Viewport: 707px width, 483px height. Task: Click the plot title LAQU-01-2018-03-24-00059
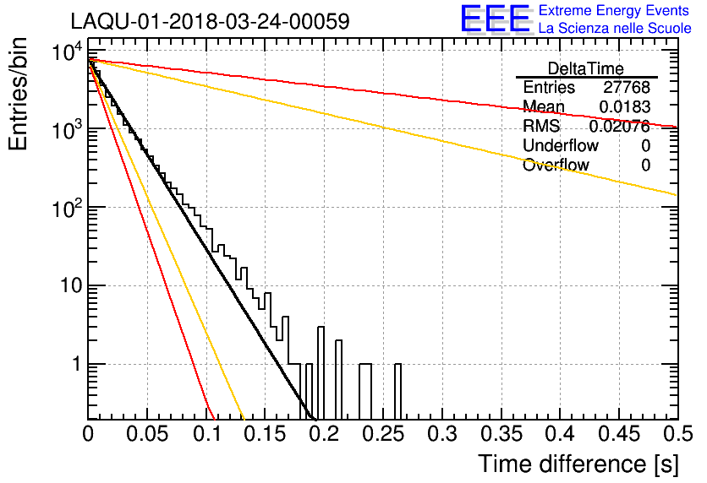[210, 21]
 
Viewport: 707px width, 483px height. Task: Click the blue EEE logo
[495, 19]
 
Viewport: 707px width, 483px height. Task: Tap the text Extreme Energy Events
[614, 10]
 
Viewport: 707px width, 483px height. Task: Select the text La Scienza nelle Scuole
[615, 29]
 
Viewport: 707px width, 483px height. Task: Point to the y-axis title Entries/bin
[18, 94]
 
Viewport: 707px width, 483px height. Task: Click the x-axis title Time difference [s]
[578, 464]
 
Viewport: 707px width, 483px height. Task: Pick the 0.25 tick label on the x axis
[383, 434]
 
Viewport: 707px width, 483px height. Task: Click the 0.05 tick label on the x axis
[147, 434]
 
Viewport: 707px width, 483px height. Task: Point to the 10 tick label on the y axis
[72, 286]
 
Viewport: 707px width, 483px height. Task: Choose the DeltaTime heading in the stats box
[586, 68]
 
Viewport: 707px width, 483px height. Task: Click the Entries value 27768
[627, 87]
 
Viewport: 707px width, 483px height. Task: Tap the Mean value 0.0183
[624, 106]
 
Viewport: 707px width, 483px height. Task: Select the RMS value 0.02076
[620, 126]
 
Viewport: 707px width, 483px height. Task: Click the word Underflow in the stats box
[561, 145]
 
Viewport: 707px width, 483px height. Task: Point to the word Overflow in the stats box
[556, 165]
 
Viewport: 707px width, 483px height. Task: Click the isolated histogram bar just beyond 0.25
[397, 391]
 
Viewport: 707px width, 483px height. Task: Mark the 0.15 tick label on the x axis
[266, 434]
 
